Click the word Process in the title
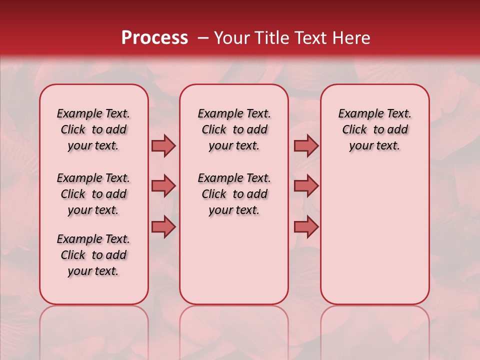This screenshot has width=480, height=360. click(x=154, y=38)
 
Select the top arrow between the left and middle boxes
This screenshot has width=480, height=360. click(x=163, y=146)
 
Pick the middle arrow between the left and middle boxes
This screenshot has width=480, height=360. click(x=163, y=186)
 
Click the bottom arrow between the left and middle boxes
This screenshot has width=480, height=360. click(x=163, y=227)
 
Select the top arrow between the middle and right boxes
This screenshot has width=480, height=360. click(x=306, y=146)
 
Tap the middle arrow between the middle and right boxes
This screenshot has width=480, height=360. click(x=306, y=186)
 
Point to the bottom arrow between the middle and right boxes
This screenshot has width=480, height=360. click(x=306, y=227)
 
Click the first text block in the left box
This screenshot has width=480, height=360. click(x=93, y=129)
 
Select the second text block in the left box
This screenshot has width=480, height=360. click(x=93, y=194)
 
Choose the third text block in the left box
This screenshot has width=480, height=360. click(x=93, y=255)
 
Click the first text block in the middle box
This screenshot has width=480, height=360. click(x=234, y=129)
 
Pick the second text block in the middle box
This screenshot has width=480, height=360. click(x=234, y=194)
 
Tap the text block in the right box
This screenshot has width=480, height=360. click(x=375, y=129)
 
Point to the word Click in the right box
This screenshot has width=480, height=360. click(x=354, y=130)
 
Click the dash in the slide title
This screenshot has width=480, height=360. click(x=203, y=38)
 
